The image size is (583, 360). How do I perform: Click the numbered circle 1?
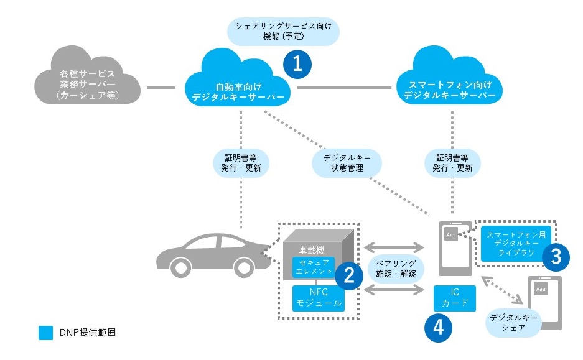[x=297, y=63]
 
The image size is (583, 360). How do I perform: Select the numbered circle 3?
[x=556, y=255]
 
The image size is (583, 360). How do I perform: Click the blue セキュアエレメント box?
[x=314, y=267]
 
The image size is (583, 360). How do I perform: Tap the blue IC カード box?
[x=454, y=298]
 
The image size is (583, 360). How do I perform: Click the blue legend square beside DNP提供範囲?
[x=45, y=333]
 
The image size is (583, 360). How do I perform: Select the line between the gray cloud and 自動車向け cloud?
[x=161, y=88]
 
